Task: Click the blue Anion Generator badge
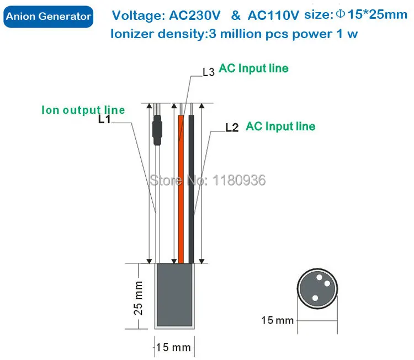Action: tap(48, 17)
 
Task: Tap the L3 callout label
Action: tap(208, 72)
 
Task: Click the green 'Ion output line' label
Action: tap(83, 109)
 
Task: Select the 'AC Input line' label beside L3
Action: tap(254, 68)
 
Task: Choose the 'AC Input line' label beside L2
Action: tap(280, 126)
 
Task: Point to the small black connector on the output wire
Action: tap(157, 130)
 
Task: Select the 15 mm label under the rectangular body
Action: tap(173, 348)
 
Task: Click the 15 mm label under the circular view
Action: tap(278, 320)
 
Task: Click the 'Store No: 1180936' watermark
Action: tap(208, 179)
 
